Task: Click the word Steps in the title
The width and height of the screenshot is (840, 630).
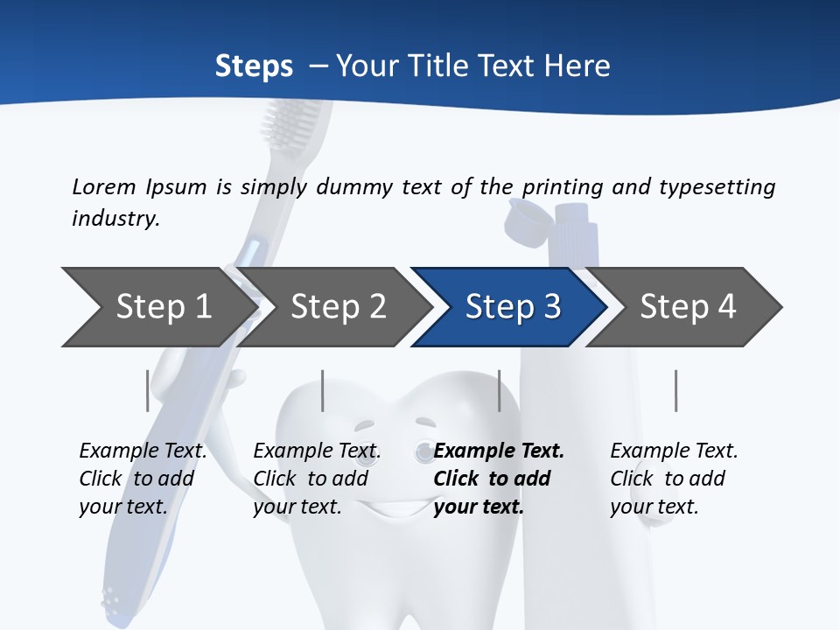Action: point(254,66)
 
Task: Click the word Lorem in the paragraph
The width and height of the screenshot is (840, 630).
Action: point(103,186)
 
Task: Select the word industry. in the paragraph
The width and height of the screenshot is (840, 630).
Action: point(115,219)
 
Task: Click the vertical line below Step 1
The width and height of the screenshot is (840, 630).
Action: point(147,390)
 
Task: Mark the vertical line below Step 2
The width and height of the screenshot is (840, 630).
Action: point(323,390)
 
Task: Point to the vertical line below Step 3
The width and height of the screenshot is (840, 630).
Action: point(499,390)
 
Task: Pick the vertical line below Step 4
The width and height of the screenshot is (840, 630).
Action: point(675,390)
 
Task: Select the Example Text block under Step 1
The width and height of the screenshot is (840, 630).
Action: point(143,479)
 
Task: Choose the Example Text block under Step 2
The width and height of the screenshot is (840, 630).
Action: point(317,479)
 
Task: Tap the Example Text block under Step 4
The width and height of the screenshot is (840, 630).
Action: point(674,479)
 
